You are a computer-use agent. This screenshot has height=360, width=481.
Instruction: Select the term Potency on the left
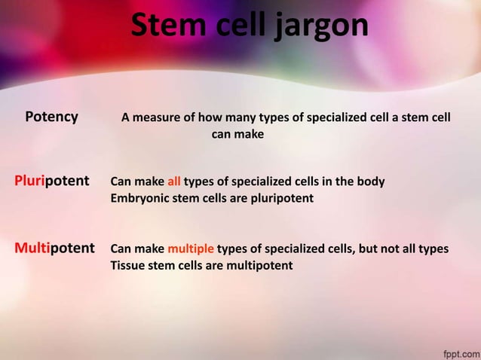tap(51, 117)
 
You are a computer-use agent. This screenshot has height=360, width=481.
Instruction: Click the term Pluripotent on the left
tap(52, 182)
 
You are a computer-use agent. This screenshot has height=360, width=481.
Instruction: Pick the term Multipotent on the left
tap(54, 248)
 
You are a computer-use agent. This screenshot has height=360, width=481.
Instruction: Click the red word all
tap(173, 182)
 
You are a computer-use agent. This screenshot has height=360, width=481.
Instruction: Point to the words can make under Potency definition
tap(237, 135)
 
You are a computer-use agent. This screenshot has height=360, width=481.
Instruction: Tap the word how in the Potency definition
tap(207, 117)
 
